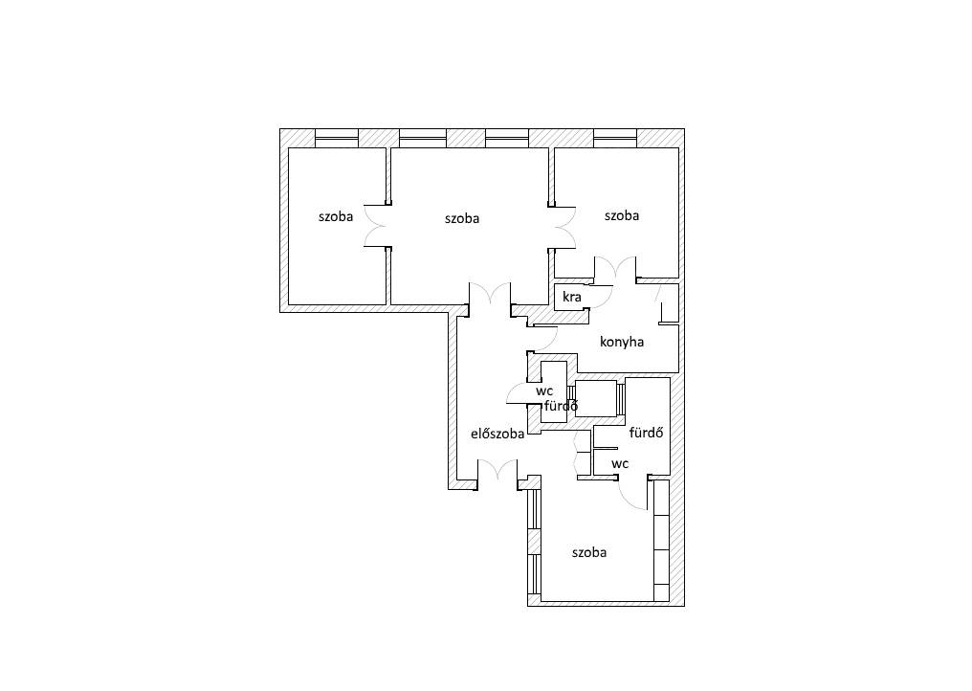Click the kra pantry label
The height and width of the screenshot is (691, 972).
571,297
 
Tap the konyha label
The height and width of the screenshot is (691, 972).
622,342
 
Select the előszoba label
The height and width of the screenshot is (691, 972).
497,434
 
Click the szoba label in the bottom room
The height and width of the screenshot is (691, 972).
589,552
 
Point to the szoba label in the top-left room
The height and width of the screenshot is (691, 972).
336,216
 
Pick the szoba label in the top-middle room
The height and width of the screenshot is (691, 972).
462,218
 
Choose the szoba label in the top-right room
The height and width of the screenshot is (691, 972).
622,215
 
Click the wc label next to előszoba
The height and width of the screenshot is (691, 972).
544,391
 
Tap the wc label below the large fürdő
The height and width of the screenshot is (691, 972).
620,463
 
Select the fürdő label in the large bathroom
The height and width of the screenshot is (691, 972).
646,433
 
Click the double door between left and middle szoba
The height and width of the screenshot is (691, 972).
376,226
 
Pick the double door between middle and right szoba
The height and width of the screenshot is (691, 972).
564,228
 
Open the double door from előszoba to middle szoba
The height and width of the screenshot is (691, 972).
490,293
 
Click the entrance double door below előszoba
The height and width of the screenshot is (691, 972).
497,470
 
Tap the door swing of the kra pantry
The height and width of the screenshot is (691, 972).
601,297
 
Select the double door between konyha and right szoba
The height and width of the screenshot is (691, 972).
615,267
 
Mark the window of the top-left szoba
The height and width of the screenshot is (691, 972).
337,138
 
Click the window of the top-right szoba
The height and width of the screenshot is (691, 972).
615,138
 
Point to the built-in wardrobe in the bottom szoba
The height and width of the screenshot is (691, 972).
661,541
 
